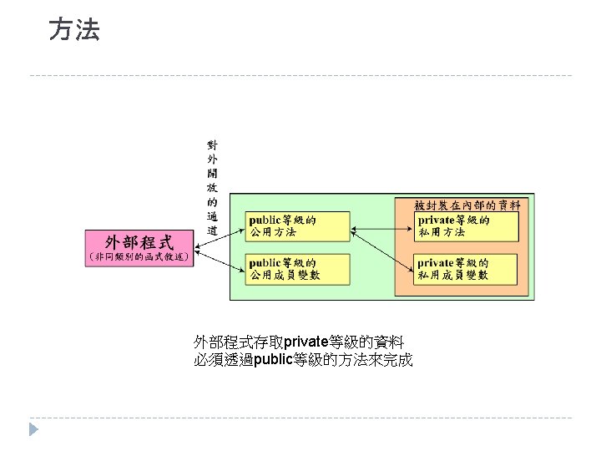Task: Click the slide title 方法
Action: [74, 31]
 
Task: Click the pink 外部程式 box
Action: [139, 242]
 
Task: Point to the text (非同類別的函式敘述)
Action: [139, 258]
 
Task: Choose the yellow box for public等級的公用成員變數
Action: [285, 268]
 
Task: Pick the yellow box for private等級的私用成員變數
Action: [467, 268]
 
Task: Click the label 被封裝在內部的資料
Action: [467, 204]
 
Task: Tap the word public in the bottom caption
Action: [273, 360]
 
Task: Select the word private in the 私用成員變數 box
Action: [436, 262]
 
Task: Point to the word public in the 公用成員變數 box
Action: [265, 262]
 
